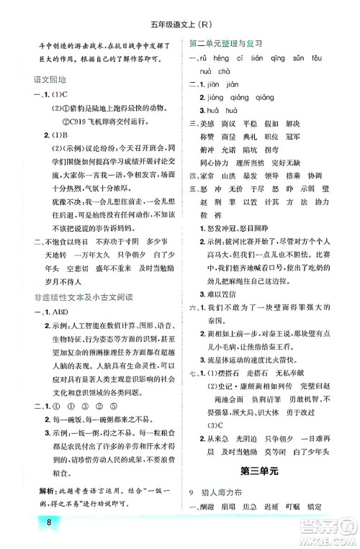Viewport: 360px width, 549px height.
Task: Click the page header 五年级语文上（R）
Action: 179,9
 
